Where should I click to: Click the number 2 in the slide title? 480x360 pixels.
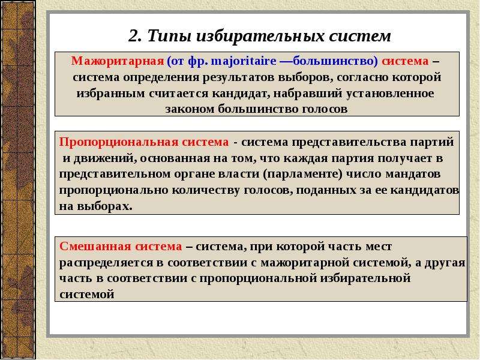(133, 36)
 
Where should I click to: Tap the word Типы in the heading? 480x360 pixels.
(169, 36)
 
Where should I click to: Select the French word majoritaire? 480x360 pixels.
(244, 61)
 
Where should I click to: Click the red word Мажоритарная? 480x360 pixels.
(118, 61)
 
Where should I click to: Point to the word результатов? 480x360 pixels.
(238, 77)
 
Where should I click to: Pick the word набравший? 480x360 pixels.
(308, 93)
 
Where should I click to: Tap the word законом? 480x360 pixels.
(190, 109)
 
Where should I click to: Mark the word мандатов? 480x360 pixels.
(413, 174)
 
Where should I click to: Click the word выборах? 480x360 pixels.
(104, 206)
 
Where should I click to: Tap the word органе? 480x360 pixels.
(194, 174)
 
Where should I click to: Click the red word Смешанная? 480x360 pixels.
(95, 247)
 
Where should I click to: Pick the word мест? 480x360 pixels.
(379, 247)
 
